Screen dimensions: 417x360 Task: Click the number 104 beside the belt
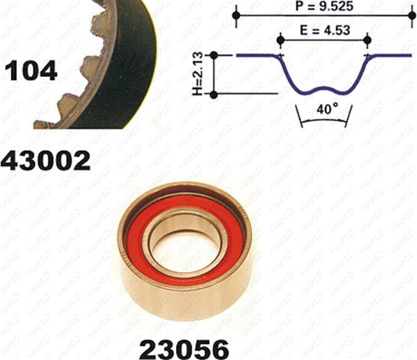pos(31,70)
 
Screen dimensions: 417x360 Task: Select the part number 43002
pos(45,160)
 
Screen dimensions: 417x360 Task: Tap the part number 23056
pos(184,348)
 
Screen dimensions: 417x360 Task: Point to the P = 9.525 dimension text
pos(324,6)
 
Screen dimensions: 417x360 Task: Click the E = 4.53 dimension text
pos(325,31)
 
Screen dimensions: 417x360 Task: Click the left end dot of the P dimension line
pos(236,16)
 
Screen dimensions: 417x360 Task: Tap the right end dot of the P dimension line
pos(412,16)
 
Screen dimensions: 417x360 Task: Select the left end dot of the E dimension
pos(281,40)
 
